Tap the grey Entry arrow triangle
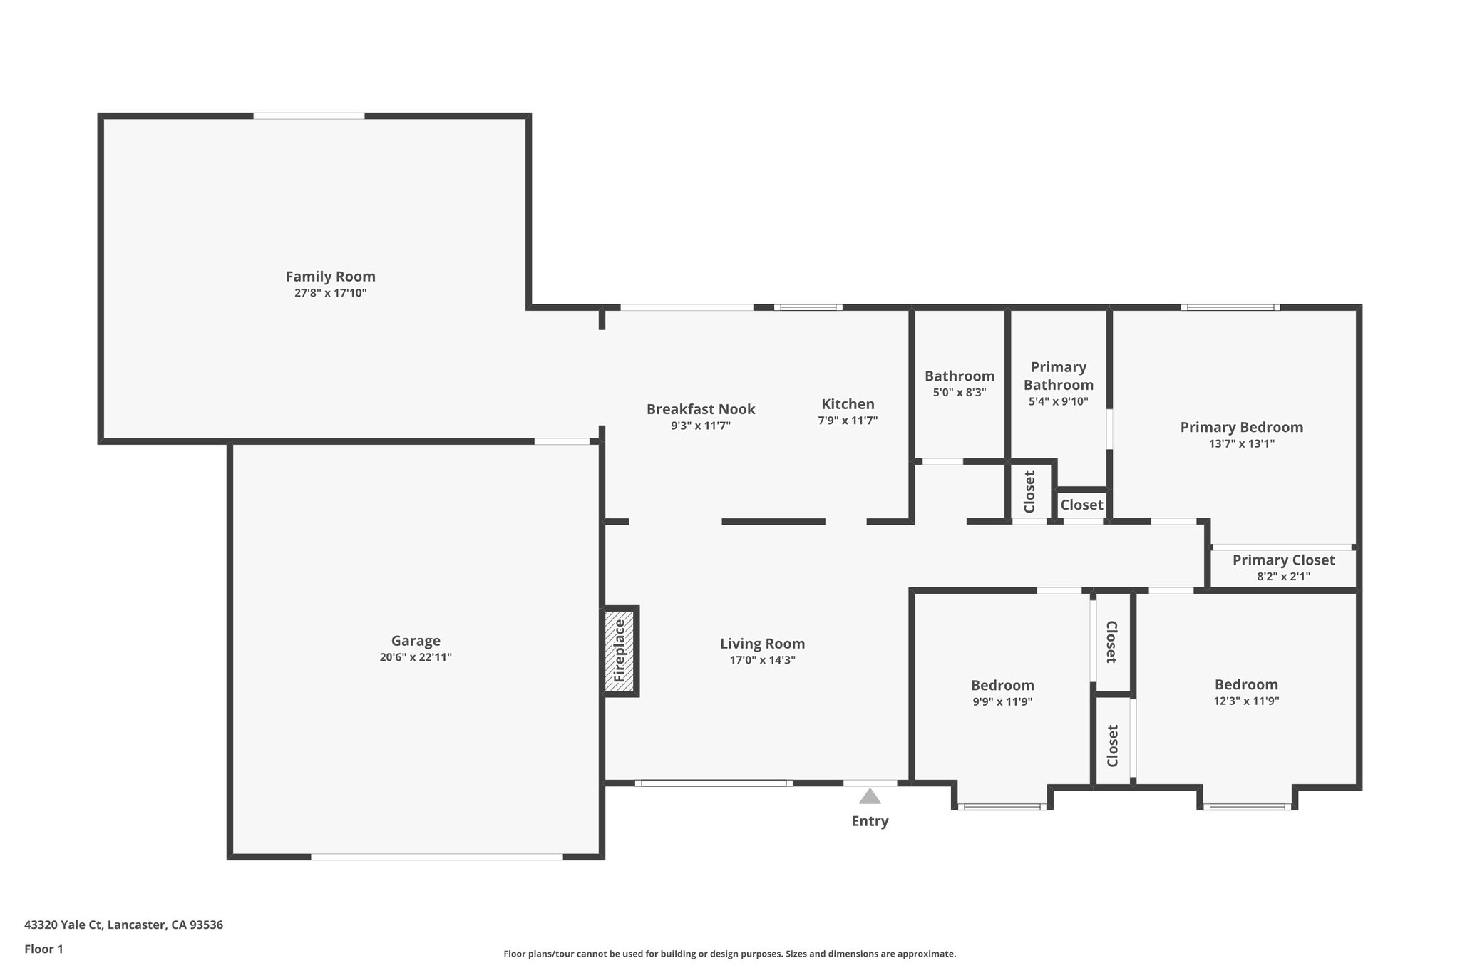869,796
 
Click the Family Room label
330,277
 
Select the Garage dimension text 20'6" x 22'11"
415,657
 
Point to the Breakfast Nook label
700,409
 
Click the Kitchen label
848,404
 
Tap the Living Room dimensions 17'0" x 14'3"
762,660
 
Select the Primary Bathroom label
1058,376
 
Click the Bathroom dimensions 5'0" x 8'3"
960,392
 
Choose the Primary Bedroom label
1241,427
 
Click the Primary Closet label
1283,560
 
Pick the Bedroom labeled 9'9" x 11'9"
1002,686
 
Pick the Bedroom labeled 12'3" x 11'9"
1246,685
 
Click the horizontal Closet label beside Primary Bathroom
1081,505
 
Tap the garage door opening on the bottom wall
436,856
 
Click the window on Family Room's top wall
309,116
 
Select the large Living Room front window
713,783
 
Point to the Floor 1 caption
43,949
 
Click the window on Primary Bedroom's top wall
1230,307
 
